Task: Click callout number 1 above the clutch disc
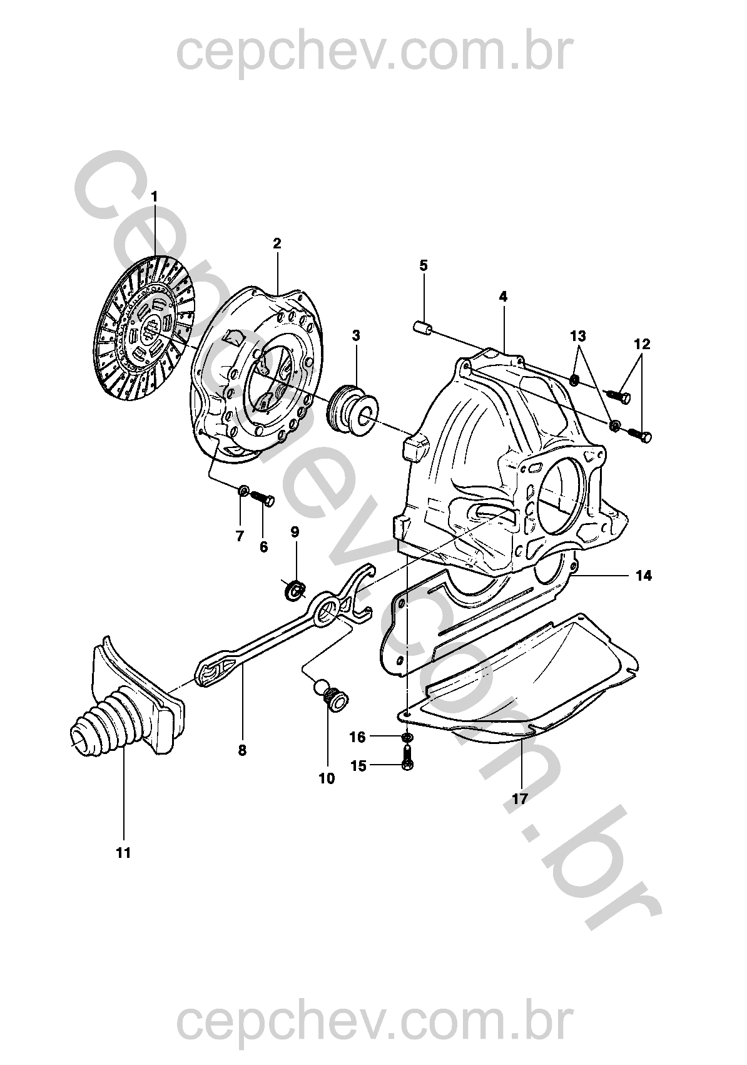coord(153,196)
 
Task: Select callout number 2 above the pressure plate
coord(277,243)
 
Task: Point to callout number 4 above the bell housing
coord(503,297)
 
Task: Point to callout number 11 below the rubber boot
coord(123,854)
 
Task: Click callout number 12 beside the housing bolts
coord(641,344)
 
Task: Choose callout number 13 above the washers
coord(578,337)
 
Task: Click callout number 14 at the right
coord(644,576)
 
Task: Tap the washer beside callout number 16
coord(407,737)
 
